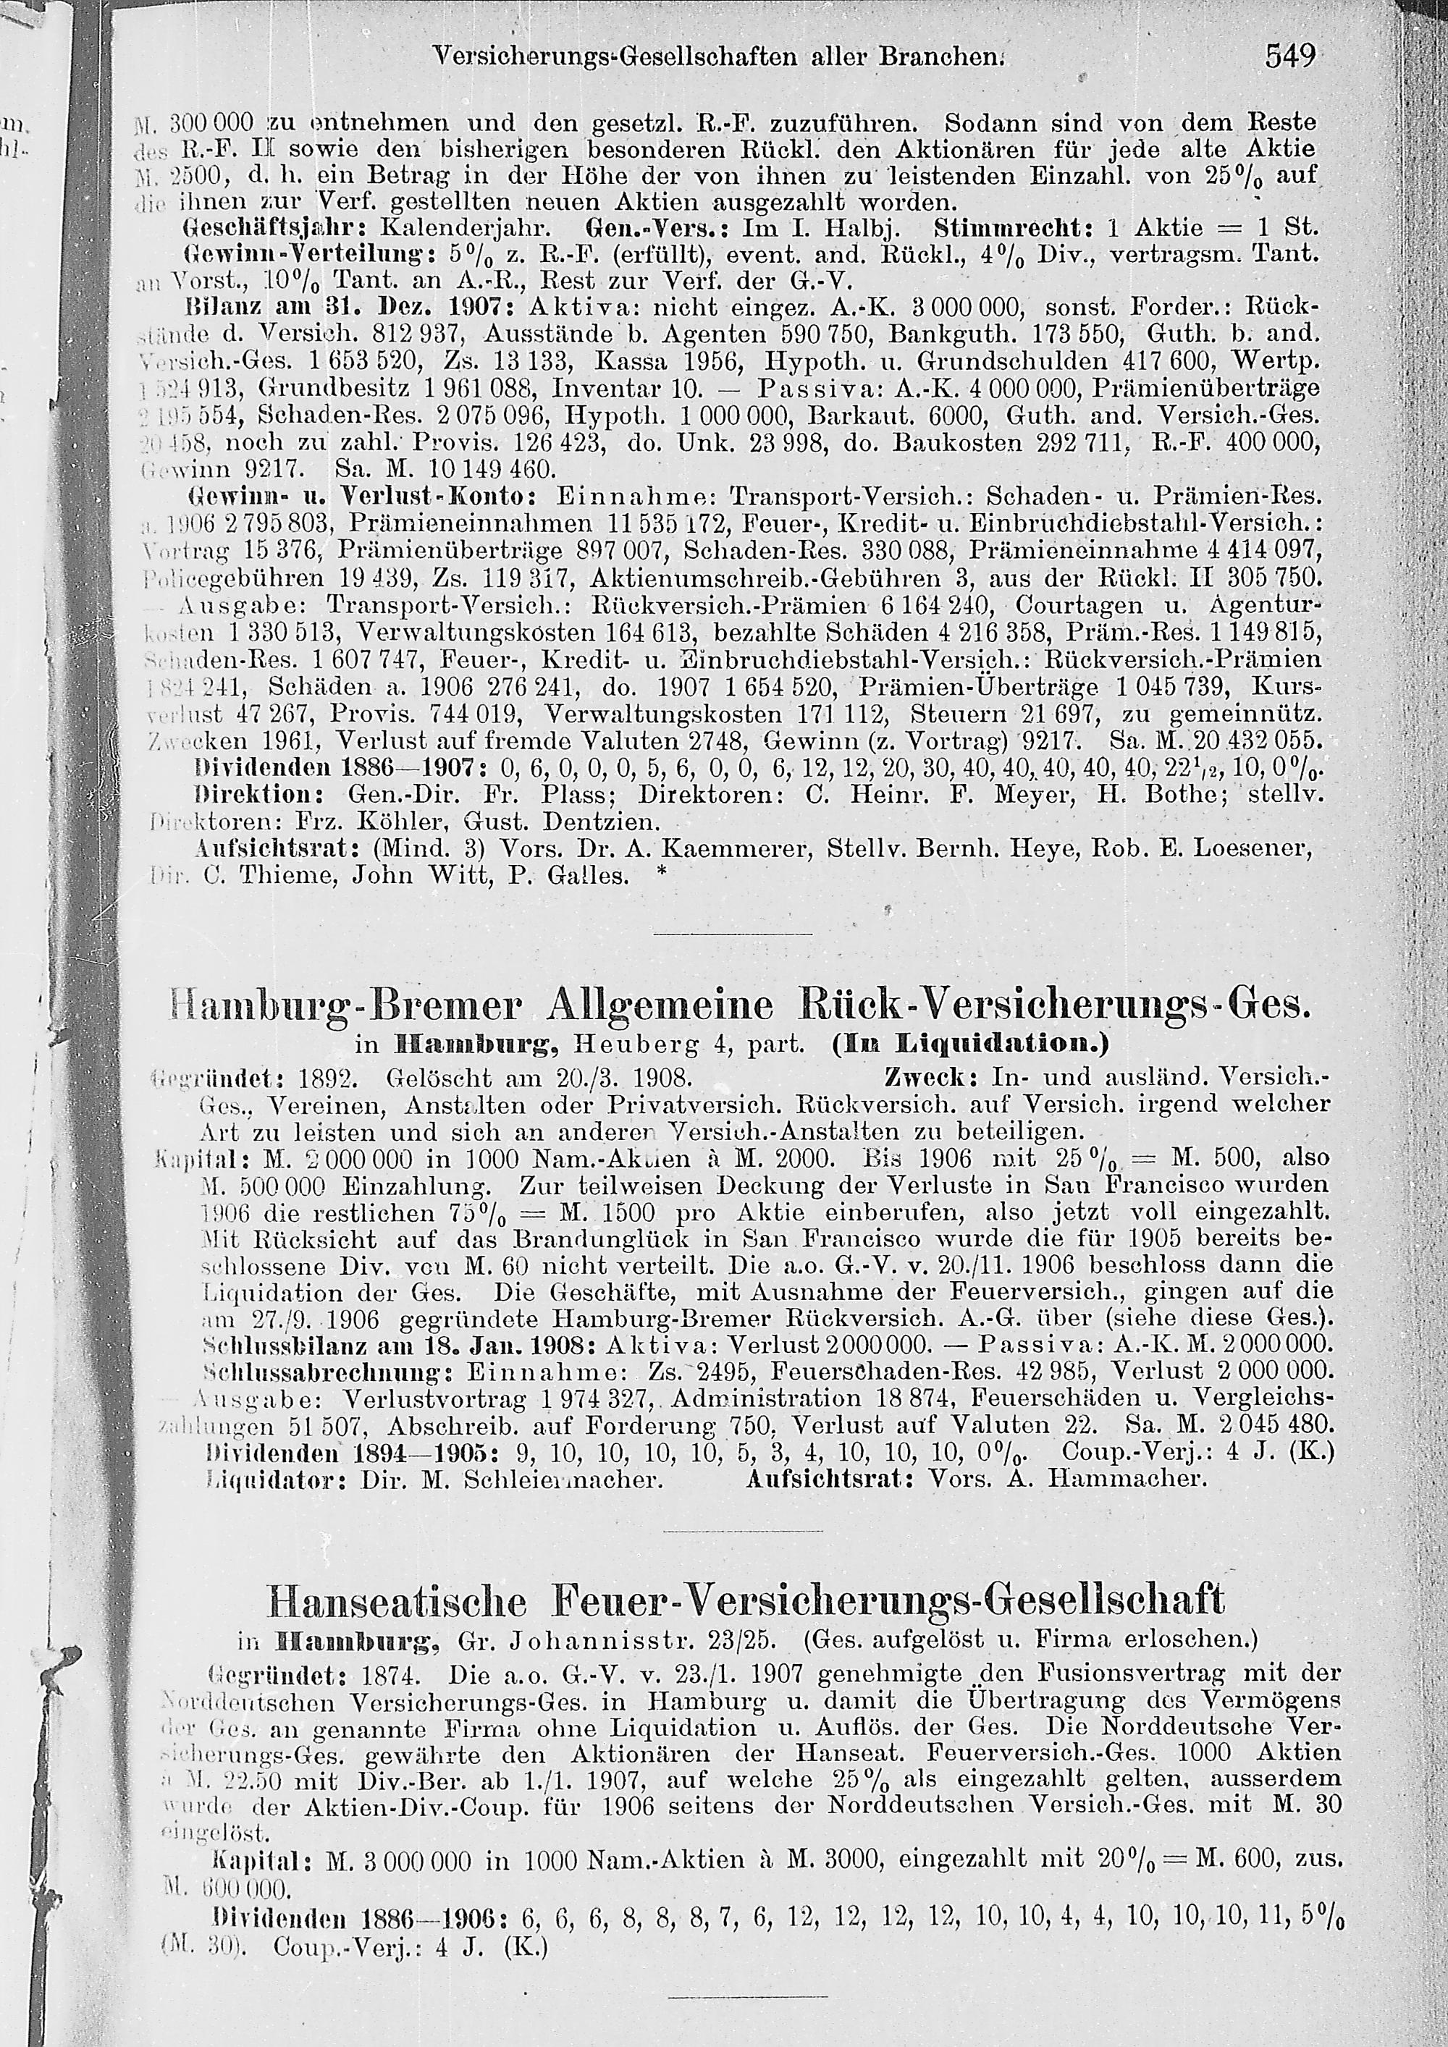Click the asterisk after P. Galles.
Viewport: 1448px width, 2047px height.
click(x=661, y=874)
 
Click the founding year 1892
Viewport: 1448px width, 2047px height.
click(x=329, y=1078)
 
